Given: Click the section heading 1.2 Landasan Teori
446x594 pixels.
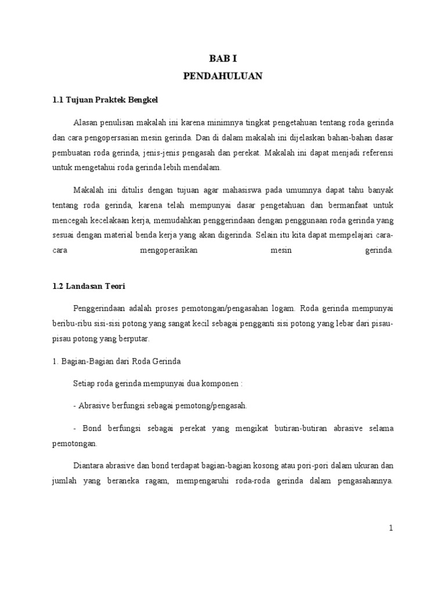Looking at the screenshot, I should coord(89,286).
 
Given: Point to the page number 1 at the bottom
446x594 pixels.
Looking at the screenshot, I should coord(391,528).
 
